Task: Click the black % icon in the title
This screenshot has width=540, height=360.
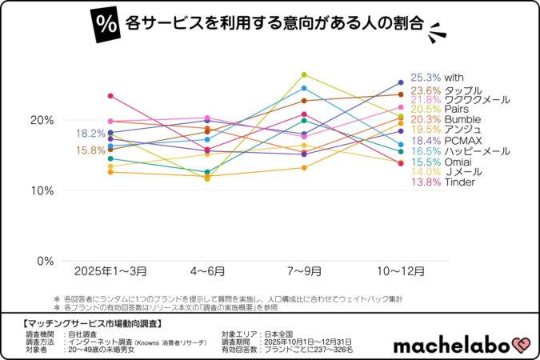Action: click(105, 22)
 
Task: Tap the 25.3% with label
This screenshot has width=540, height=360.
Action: click(437, 78)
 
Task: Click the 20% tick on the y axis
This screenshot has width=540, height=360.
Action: click(42, 120)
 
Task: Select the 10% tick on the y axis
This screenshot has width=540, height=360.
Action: click(42, 190)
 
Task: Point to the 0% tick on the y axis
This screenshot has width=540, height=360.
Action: click(45, 261)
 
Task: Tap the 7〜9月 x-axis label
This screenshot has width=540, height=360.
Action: click(304, 271)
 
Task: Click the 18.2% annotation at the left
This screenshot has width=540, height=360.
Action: click(90, 134)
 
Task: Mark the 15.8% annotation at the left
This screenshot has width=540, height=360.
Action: click(90, 150)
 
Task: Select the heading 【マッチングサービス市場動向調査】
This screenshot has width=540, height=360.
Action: click(88, 323)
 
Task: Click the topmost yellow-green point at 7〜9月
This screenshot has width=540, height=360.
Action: click(304, 74)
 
